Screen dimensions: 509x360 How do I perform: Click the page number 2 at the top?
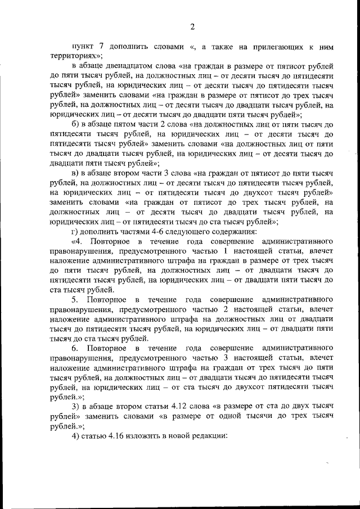pyautogui.click(x=192, y=26)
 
